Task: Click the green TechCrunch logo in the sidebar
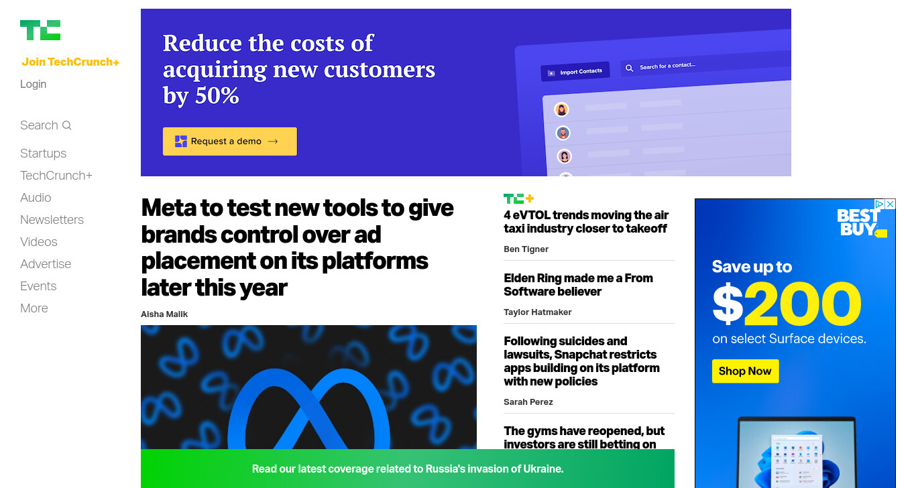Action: (40, 30)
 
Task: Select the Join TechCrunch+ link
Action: (70, 62)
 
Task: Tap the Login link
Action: (33, 84)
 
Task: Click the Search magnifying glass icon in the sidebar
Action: (66, 125)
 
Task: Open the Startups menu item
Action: (43, 154)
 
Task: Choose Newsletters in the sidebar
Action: (52, 219)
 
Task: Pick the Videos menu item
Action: (38, 241)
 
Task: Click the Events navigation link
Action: (38, 286)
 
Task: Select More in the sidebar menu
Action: (34, 308)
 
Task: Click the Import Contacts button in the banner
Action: (575, 72)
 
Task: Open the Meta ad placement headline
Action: (297, 247)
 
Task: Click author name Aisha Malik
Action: (164, 314)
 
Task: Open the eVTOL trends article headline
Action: (586, 221)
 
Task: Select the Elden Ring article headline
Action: (578, 284)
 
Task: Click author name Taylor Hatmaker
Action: (537, 312)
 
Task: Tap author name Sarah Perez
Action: (528, 402)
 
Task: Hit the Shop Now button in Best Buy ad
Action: (745, 371)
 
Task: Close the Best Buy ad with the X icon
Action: (891, 204)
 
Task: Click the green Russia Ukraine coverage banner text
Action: (408, 469)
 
